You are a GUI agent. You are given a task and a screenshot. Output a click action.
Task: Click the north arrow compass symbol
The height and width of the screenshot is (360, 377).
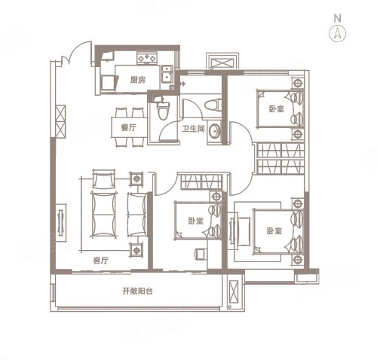(x=337, y=33)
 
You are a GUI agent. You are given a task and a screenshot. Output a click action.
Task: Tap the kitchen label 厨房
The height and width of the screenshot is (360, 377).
(x=138, y=80)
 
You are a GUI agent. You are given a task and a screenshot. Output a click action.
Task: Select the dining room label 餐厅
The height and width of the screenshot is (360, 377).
(x=128, y=127)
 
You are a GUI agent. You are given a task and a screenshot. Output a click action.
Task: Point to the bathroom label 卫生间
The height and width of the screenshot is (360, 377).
(x=193, y=129)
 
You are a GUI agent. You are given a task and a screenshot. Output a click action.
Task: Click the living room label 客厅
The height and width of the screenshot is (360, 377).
(x=101, y=261)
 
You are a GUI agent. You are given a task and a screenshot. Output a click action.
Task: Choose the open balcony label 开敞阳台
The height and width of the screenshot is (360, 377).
(x=137, y=291)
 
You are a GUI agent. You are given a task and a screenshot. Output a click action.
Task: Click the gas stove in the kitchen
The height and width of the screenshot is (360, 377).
(x=147, y=58)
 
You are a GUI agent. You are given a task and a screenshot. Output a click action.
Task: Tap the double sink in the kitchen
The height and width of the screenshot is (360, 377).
(x=167, y=74)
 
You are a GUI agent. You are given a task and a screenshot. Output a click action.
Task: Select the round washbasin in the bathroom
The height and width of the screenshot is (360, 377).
(x=214, y=131)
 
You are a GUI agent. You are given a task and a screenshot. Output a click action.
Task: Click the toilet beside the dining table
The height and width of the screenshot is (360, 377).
(x=163, y=110)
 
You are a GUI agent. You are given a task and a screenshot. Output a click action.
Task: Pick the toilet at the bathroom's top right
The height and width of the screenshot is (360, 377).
(x=213, y=105)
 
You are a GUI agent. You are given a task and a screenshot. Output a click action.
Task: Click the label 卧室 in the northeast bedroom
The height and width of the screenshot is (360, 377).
(x=277, y=109)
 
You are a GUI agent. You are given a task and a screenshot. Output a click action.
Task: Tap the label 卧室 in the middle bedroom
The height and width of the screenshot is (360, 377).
(x=195, y=221)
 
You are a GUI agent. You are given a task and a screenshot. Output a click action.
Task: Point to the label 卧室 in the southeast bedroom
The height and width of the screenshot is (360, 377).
(x=274, y=231)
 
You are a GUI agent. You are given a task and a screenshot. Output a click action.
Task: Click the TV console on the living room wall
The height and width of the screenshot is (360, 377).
(x=61, y=222)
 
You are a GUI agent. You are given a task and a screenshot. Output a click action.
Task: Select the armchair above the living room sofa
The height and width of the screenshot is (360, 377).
(x=103, y=178)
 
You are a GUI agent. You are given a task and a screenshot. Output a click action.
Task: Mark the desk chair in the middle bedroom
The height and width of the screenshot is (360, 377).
(x=201, y=254)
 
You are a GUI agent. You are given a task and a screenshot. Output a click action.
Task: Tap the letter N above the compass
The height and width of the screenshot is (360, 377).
(x=338, y=18)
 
